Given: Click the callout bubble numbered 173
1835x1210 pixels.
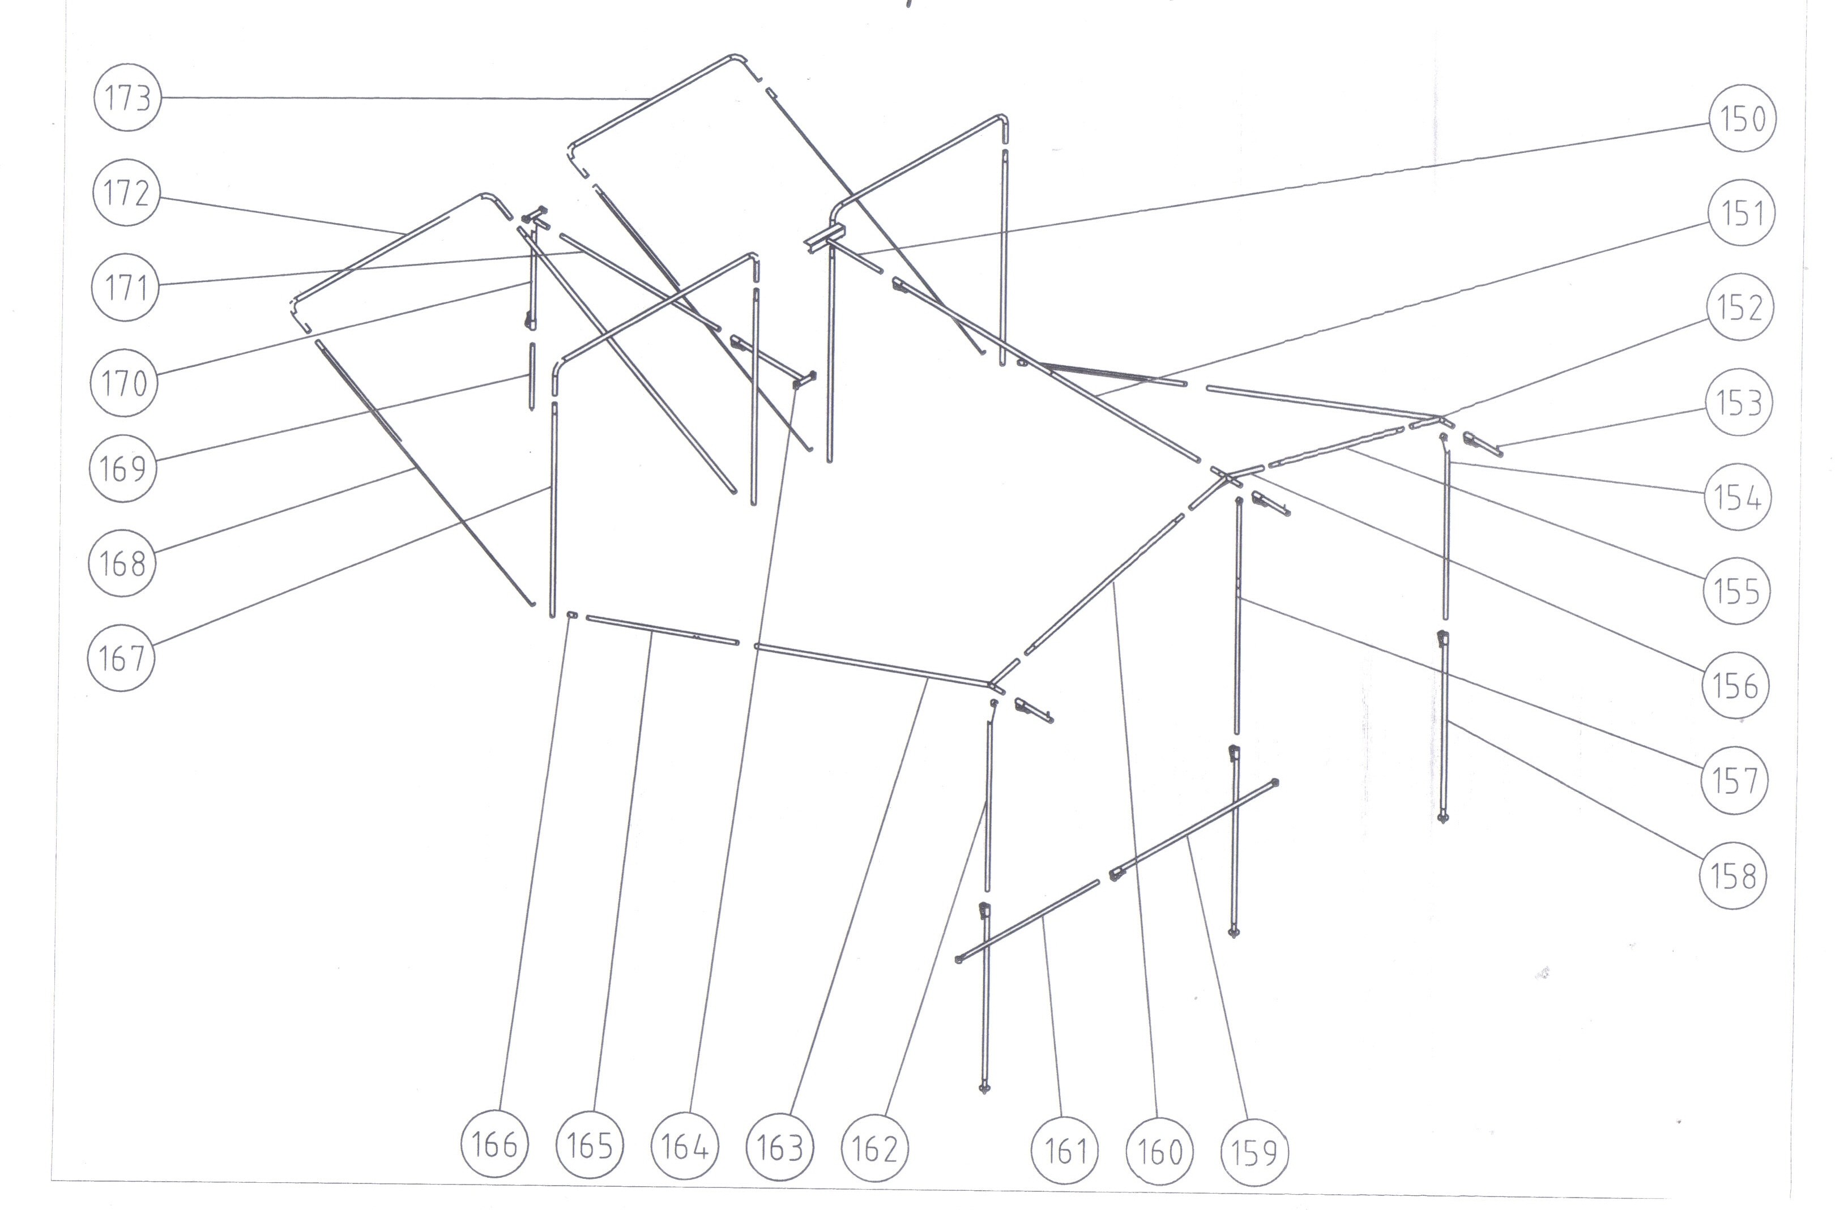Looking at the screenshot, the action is pyautogui.click(x=127, y=98).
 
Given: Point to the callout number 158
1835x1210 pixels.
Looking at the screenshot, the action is pyautogui.click(x=1733, y=876).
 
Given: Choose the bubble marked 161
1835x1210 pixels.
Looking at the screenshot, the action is pyautogui.click(x=1065, y=1151).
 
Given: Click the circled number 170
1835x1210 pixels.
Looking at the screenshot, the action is pyautogui.click(x=124, y=383).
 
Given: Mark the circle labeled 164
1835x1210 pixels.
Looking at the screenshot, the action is pyautogui.click(x=685, y=1147).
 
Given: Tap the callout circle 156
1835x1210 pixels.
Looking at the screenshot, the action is pyautogui.click(x=1735, y=685).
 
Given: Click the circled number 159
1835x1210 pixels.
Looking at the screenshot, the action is pyautogui.click(x=1254, y=1153).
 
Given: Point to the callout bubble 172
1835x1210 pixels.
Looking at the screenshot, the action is pyautogui.click(x=126, y=193).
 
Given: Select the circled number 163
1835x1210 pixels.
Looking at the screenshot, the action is pyautogui.click(x=780, y=1148).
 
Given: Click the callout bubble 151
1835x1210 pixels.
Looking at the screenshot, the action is pyautogui.click(x=1742, y=213).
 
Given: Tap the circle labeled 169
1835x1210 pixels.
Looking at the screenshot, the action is pyautogui.click(x=123, y=468).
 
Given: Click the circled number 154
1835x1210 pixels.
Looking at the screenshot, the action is pyautogui.click(x=1737, y=497).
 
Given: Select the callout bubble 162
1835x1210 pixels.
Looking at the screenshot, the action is pyautogui.click(x=875, y=1149).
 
